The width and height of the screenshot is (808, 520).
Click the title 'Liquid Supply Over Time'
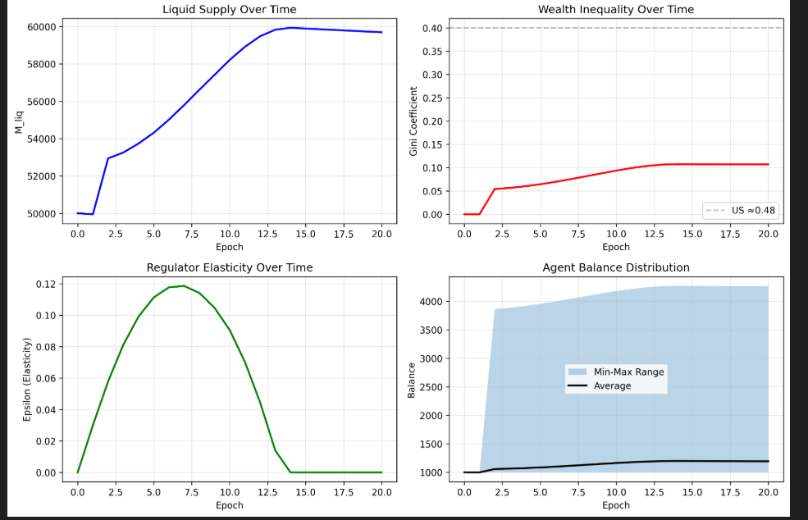click(229, 10)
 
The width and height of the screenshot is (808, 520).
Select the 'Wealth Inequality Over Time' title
click(615, 10)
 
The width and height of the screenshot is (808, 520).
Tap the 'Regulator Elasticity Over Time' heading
click(229, 267)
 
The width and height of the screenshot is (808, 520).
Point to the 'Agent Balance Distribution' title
click(615, 267)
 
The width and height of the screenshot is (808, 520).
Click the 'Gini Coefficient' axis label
click(413, 121)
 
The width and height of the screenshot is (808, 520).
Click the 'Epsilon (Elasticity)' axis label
click(27, 378)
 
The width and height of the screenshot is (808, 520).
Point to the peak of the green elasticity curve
click(183, 285)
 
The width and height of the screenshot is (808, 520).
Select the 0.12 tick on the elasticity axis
click(45, 284)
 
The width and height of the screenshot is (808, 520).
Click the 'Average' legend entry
click(612, 385)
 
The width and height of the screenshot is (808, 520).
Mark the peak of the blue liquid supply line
click(290, 28)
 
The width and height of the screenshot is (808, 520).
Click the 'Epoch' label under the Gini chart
click(615, 247)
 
